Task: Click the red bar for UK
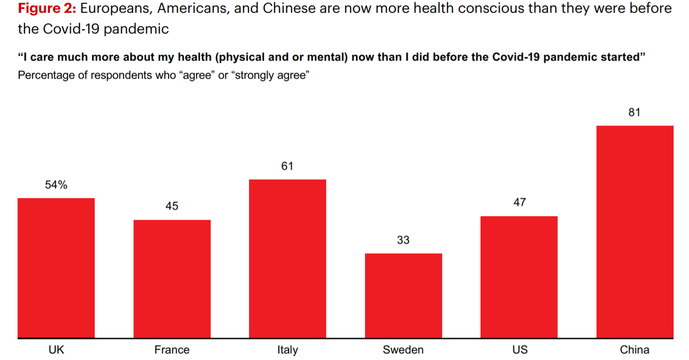point(56,268)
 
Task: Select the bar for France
point(172,279)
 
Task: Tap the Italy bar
point(287,258)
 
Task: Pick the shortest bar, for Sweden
point(403,296)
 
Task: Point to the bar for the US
point(519,277)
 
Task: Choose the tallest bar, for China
point(635,232)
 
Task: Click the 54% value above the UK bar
point(56,185)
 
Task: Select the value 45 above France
point(172,206)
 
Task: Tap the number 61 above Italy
point(287,166)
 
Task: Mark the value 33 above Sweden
point(403,240)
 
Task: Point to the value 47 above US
point(519,202)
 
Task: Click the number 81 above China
point(635,112)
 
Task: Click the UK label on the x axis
point(56,349)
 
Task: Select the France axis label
point(172,349)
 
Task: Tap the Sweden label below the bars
point(403,349)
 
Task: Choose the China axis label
point(635,349)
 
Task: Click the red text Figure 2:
point(47,9)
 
